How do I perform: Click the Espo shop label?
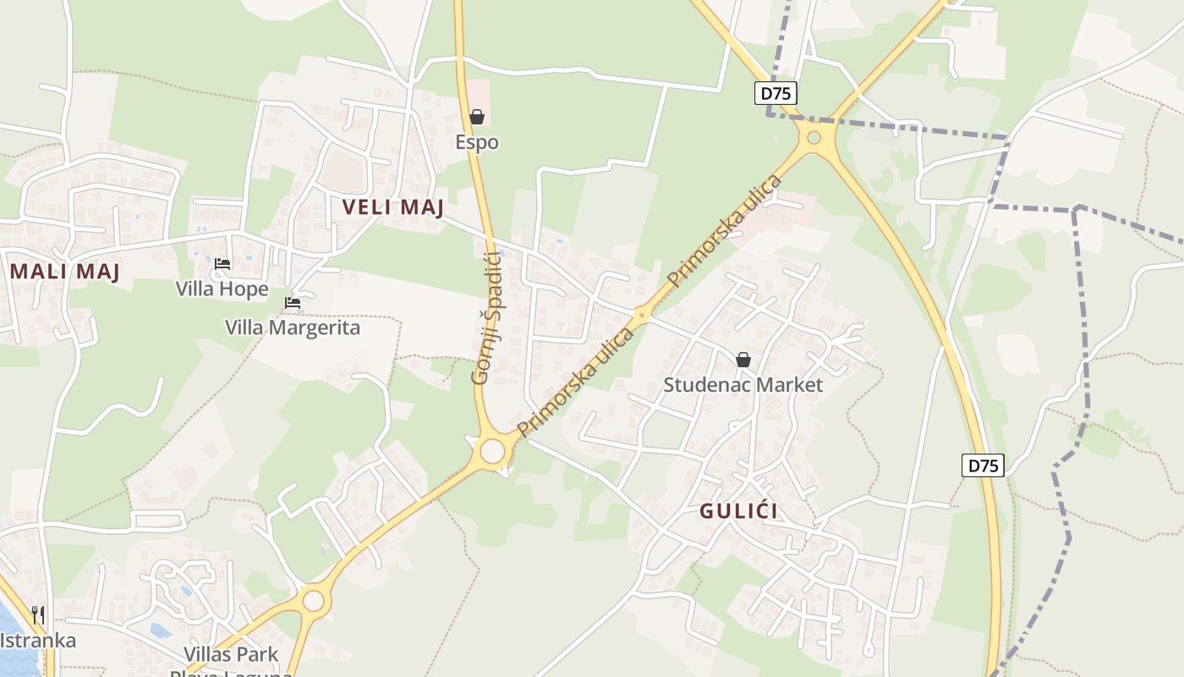coord(477,142)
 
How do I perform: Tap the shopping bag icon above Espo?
coord(477,117)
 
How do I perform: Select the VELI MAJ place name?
coord(393,207)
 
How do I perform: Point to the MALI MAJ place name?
coord(64,272)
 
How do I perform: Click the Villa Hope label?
coord(222,289)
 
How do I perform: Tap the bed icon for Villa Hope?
coord(222,264)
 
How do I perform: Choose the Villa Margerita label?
coord(293,327)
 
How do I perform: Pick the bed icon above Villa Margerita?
coord(293,303)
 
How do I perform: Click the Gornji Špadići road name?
coord(488,317)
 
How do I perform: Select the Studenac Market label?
coord(743,385)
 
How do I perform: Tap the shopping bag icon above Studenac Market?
coord(743,360)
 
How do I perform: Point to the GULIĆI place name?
coord(738,511)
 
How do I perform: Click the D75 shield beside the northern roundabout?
coord(776,93)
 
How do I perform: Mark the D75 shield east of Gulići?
coord(983,465)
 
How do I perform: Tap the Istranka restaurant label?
coord(38,640)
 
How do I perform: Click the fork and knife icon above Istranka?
coord(38,615)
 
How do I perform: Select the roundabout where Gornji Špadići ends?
coord(492,450)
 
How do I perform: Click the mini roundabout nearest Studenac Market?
coord(642,316)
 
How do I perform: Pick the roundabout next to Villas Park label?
coord(314,601)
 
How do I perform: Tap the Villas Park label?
coord(232,654)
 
